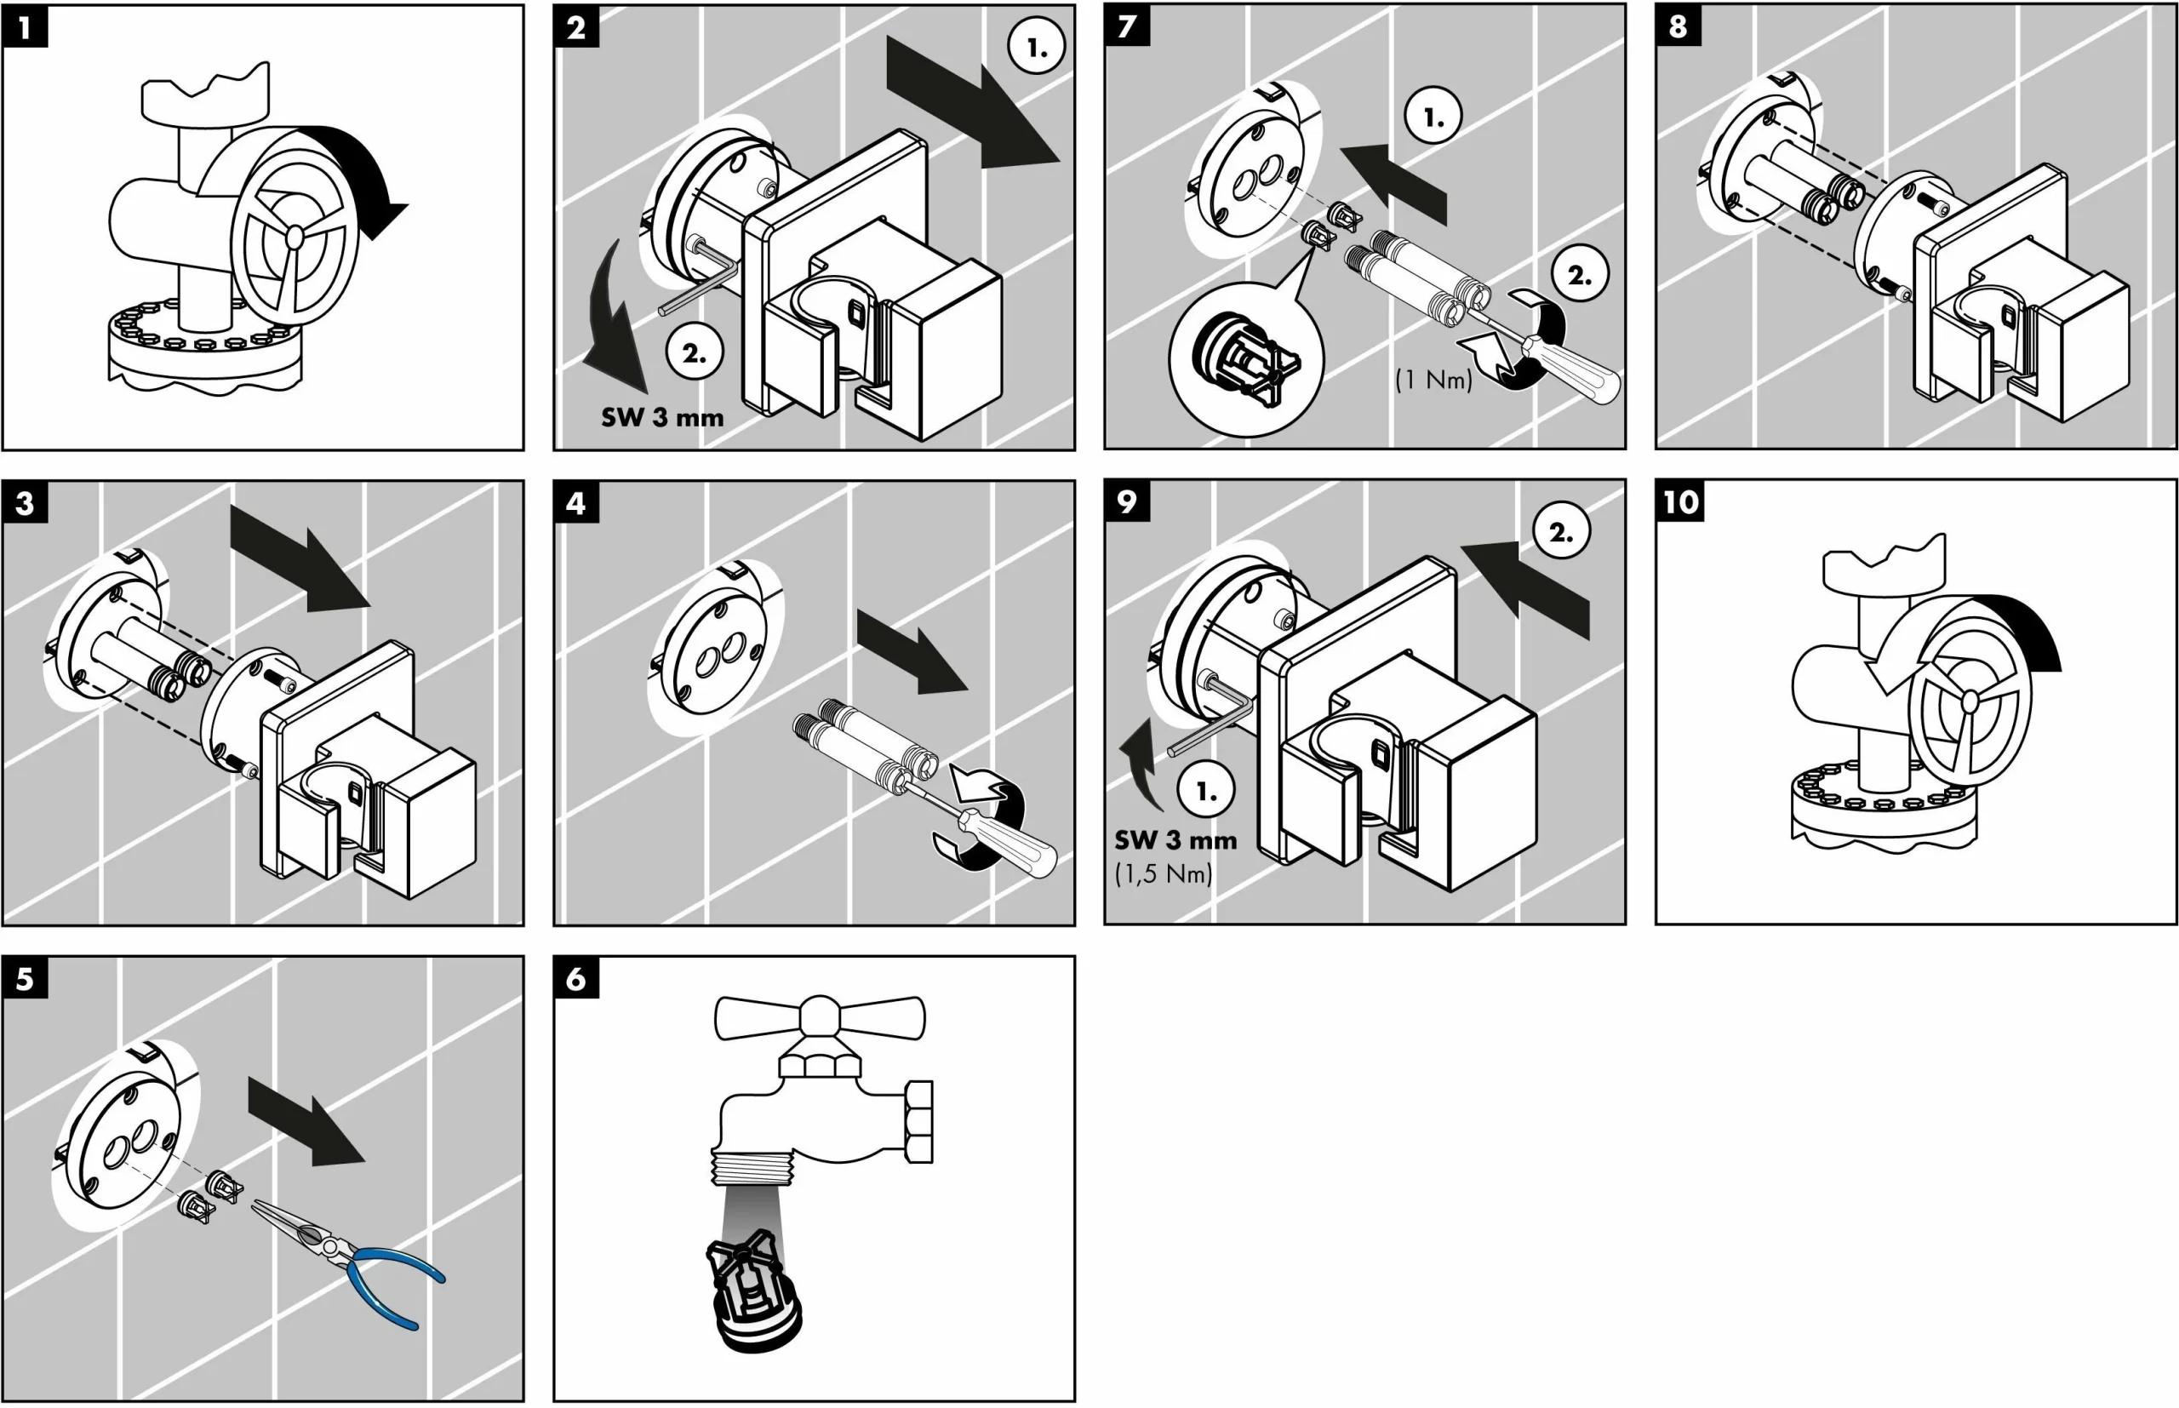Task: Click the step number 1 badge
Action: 25,26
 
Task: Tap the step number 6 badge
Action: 576,978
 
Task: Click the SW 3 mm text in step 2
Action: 661,418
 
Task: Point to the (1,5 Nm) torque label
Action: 1163,873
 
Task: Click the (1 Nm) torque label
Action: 1433,380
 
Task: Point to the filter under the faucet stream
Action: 754,1291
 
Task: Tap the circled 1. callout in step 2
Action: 1037,47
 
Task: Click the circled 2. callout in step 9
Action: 1560,531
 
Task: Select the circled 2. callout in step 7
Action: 1580,274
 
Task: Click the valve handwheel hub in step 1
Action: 295,237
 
